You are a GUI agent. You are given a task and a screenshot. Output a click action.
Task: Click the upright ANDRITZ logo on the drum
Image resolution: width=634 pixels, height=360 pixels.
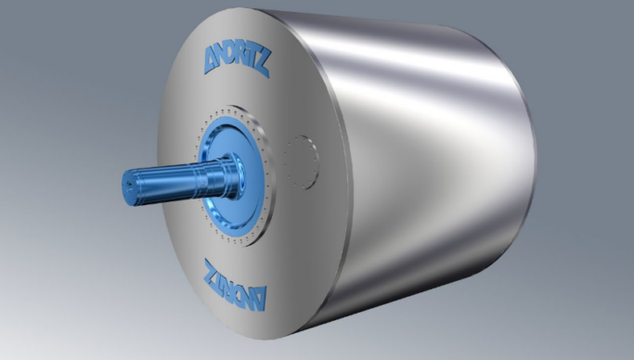click(x=237, y=60)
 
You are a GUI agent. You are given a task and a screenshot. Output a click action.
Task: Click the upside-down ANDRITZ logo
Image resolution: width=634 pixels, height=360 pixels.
click(x=236, y=284)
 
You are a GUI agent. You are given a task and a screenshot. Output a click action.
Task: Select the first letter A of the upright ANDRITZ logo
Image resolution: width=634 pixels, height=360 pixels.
click(x=211, y=59)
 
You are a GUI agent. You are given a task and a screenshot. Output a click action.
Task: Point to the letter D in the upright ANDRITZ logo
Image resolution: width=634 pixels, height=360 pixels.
click(x=234, y=58)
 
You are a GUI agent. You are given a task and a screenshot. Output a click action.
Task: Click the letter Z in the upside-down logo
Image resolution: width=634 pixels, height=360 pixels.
click(x=212, y=271)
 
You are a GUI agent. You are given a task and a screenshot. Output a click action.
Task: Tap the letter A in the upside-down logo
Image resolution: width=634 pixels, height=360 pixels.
click(x=260, y=298)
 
